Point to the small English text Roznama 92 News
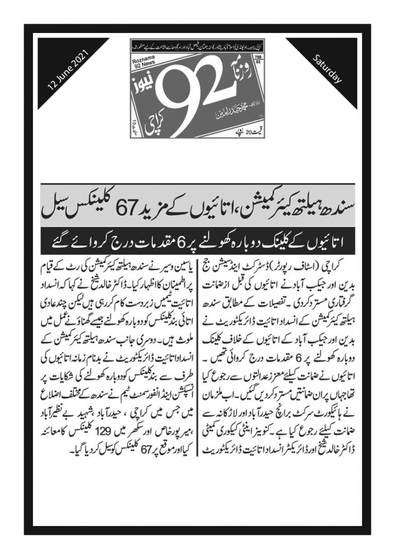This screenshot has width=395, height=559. point(140,61)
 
